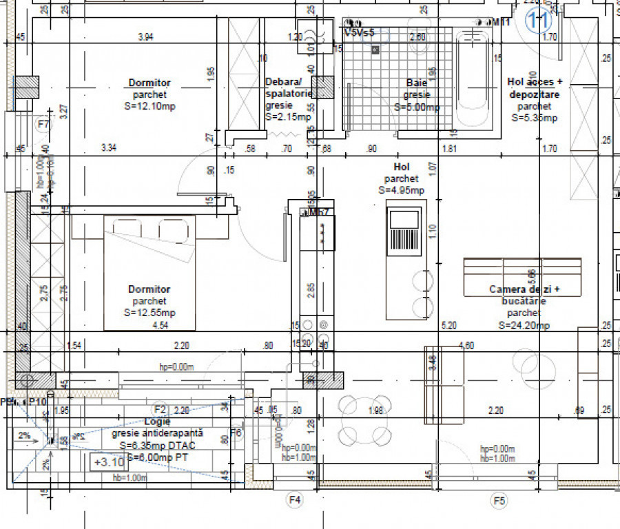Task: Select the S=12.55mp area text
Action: coord(149,312)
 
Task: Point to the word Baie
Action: coord(417,83)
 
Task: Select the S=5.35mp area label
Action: coord(534,118)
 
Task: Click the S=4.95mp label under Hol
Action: coord(401,189)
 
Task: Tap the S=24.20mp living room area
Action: coord(526,326)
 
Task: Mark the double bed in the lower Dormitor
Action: coord(149,272)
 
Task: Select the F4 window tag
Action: coord(295,498)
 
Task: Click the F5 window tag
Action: coord(497,499)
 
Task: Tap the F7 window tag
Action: coord(44,125)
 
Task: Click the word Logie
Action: coord(157,421)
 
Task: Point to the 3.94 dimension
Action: coord(145,37)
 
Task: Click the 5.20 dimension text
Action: coord(448,325)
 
